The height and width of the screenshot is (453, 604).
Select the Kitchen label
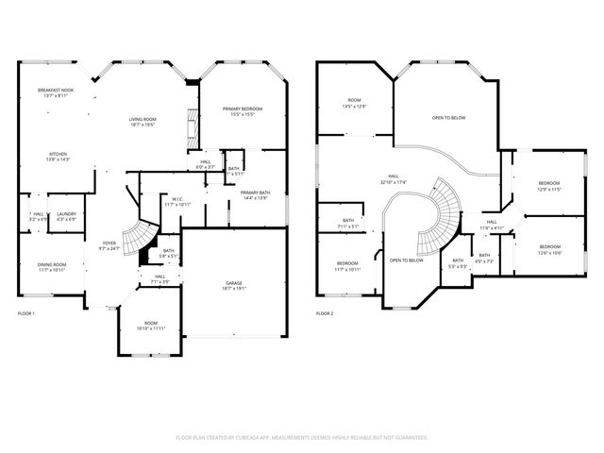click(x=59, y=157)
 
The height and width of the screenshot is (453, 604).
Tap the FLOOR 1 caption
click(x=26, y=312)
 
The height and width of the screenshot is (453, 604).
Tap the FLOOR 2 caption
click(x=326, y=312)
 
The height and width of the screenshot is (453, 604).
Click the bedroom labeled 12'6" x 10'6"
click(x=549, y=248)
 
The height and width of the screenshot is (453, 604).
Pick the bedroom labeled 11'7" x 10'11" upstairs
click(x=347, y=266)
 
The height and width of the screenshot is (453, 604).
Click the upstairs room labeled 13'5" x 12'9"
click(x=354, y=103)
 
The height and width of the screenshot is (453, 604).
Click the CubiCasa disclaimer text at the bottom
click(x=302, y=438)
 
